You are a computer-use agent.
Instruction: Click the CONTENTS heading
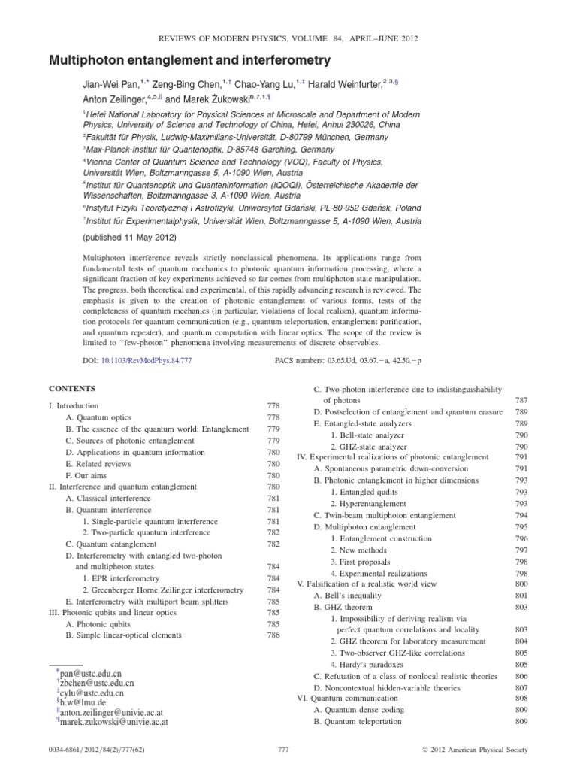[72, 389]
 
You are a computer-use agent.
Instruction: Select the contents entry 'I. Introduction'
[74, 405]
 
